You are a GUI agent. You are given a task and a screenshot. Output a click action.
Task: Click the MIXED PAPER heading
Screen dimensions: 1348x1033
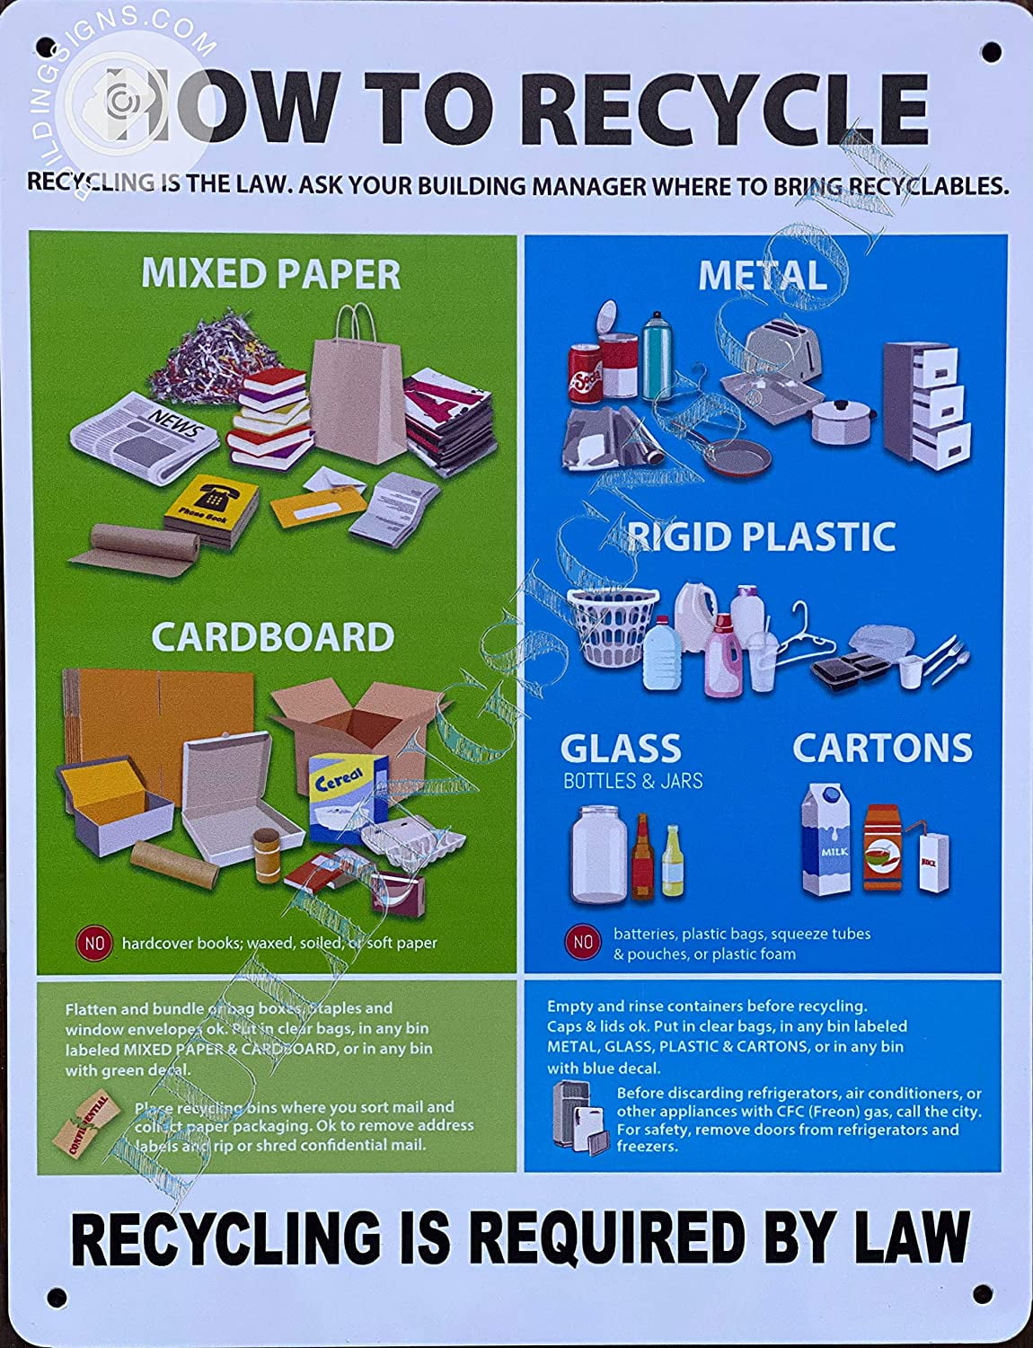tap(270, 274)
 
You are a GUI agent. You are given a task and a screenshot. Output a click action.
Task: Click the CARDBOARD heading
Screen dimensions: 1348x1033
tap(272, 637)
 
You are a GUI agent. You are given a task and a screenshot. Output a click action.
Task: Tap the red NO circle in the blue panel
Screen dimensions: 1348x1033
tap(583, 942)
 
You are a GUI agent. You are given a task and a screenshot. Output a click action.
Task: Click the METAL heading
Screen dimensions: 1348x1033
tap(762, 276)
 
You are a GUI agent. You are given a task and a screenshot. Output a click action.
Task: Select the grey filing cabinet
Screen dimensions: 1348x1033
tap(927, 395)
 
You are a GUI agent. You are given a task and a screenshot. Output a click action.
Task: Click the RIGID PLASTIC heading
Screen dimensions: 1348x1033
tap(762, 537)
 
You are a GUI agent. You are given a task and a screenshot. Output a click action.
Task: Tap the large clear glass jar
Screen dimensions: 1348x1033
tap(598, 854)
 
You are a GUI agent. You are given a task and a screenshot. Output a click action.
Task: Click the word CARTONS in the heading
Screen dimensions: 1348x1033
tap(881, 749)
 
